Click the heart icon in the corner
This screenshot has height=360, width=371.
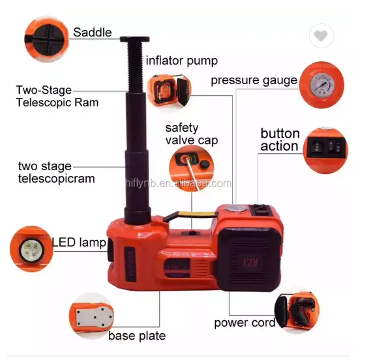(x=320, y=37)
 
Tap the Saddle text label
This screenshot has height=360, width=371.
(x=92, y=33)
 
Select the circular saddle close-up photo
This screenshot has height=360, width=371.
(x=46, y=35)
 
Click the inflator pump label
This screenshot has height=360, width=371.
(x=181, y=61)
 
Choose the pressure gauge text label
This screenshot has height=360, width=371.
(x=254, y=81)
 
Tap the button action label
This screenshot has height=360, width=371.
(x=280, y=140)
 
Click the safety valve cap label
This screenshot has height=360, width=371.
(x=191, y=134)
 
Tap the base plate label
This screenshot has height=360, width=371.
(x=137, y=336)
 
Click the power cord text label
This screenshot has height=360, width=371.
(x=244, y=323)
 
